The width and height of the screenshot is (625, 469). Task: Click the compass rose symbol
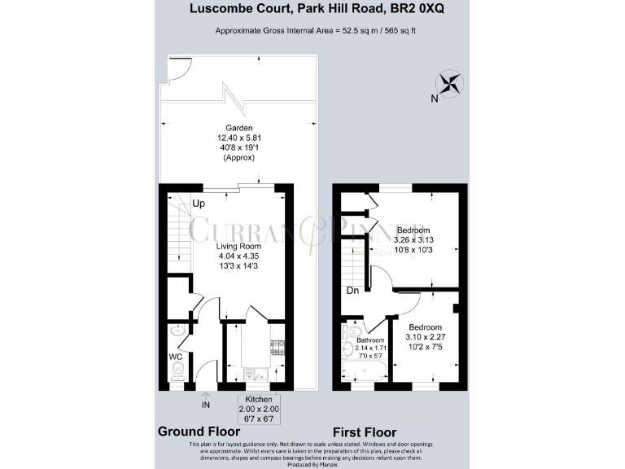[x=450, y=82]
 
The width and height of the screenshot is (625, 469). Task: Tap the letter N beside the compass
[x=435, y=99]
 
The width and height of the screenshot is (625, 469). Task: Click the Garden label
[x=239, y=128]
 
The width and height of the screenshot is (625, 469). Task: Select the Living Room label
[x=238, y=245]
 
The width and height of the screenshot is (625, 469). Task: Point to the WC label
[x=175, y=356]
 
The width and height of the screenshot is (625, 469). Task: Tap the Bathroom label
[x=369, y=340]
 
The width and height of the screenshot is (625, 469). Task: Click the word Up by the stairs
[x=198, y=204]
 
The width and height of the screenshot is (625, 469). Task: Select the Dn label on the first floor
[x=352, y=290]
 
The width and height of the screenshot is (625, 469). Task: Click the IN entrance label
[x=206, y=403]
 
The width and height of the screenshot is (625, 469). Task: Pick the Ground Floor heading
[x=199, y=432]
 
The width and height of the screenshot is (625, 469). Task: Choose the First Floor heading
[x=365, y=432]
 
